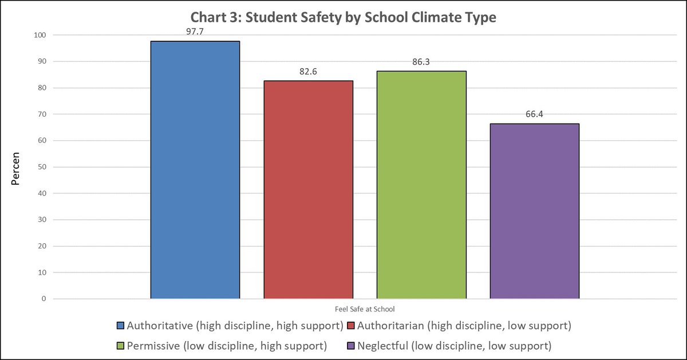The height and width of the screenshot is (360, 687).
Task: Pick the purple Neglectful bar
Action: tap(535, 211)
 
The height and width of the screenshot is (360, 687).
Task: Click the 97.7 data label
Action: tap(195, 31)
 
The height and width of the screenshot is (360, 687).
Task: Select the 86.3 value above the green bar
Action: tap(421, 61)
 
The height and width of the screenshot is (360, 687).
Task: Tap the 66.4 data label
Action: tap(535, 114)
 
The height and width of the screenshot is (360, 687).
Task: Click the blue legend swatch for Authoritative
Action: tap(120, 326)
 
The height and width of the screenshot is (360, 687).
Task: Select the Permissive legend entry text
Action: tap(227, 346)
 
